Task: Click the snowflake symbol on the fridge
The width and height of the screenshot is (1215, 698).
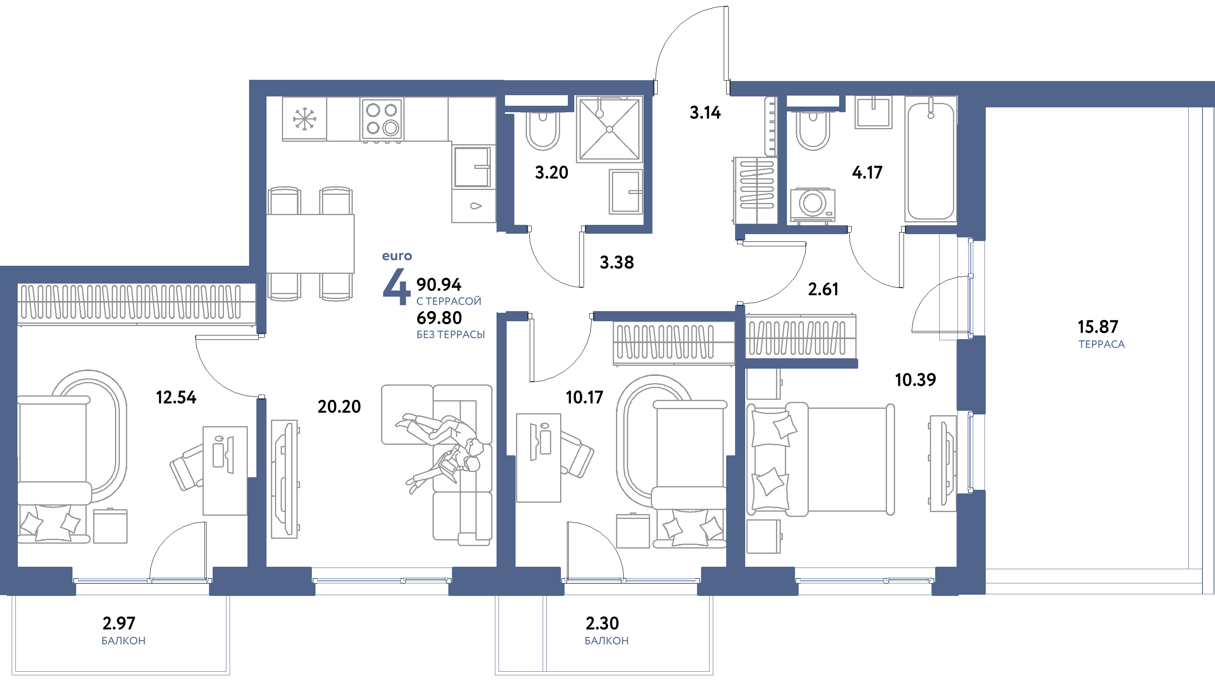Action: (304, 119)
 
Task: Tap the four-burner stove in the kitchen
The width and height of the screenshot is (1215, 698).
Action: (382, 119)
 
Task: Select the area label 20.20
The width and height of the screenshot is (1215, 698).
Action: (339, 407)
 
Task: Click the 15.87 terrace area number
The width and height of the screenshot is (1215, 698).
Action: (1098, 327)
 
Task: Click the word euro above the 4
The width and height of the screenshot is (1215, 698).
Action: (397, 256)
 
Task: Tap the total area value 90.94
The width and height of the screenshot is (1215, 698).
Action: (439, 284)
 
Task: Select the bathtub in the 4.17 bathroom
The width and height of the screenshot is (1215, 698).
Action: (930, 160)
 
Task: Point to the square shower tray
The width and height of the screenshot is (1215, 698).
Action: (609, 129)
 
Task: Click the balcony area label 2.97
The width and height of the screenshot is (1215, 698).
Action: (119, 623)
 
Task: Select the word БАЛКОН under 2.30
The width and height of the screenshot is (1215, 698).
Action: (606, 641)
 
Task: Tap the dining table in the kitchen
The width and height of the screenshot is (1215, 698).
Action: (310, 244)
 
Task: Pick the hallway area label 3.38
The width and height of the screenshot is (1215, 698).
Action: (617, 262)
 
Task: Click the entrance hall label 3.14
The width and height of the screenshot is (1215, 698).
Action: (705, 113)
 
